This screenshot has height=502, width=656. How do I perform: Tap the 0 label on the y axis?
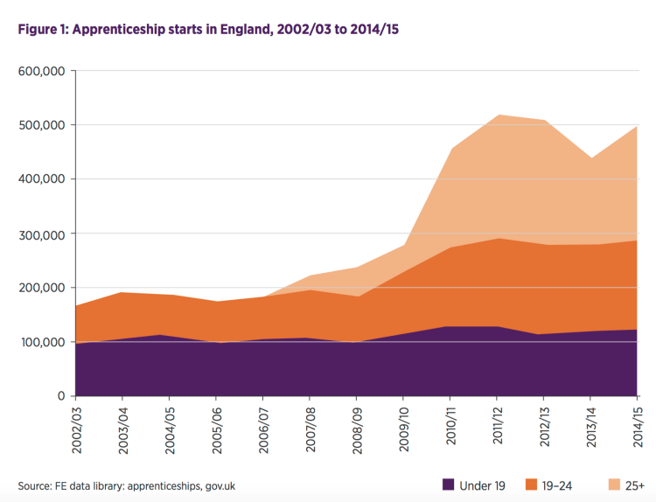(x=61, y=396)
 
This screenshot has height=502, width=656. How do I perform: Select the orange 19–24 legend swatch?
(x=530, y=484)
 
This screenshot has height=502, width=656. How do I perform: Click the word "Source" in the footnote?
(x=36, y=485)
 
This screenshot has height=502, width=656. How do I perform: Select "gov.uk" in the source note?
(x=218, y=485)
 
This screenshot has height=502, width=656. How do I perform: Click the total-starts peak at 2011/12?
(x=498, y=115)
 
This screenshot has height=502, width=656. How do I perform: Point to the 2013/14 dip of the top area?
(x=591, y=158)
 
